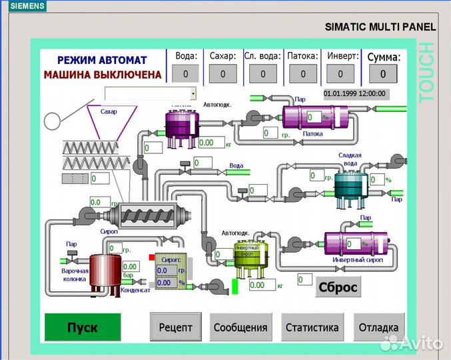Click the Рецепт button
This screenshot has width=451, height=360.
tap(175, 327)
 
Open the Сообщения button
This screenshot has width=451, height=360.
tap(240, 327)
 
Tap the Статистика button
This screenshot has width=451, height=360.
tap(312, 327)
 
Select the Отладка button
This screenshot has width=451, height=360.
tap(378, 327)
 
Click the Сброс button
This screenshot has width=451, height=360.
tap(338, 288)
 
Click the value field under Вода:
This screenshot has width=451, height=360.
tap(186, 74)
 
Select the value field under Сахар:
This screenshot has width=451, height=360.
tap(223, 74)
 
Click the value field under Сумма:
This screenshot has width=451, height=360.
tap(383, 73)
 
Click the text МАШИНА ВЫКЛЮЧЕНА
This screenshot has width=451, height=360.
tap(103, 75)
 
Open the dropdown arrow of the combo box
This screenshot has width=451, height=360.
tap(193, 93)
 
